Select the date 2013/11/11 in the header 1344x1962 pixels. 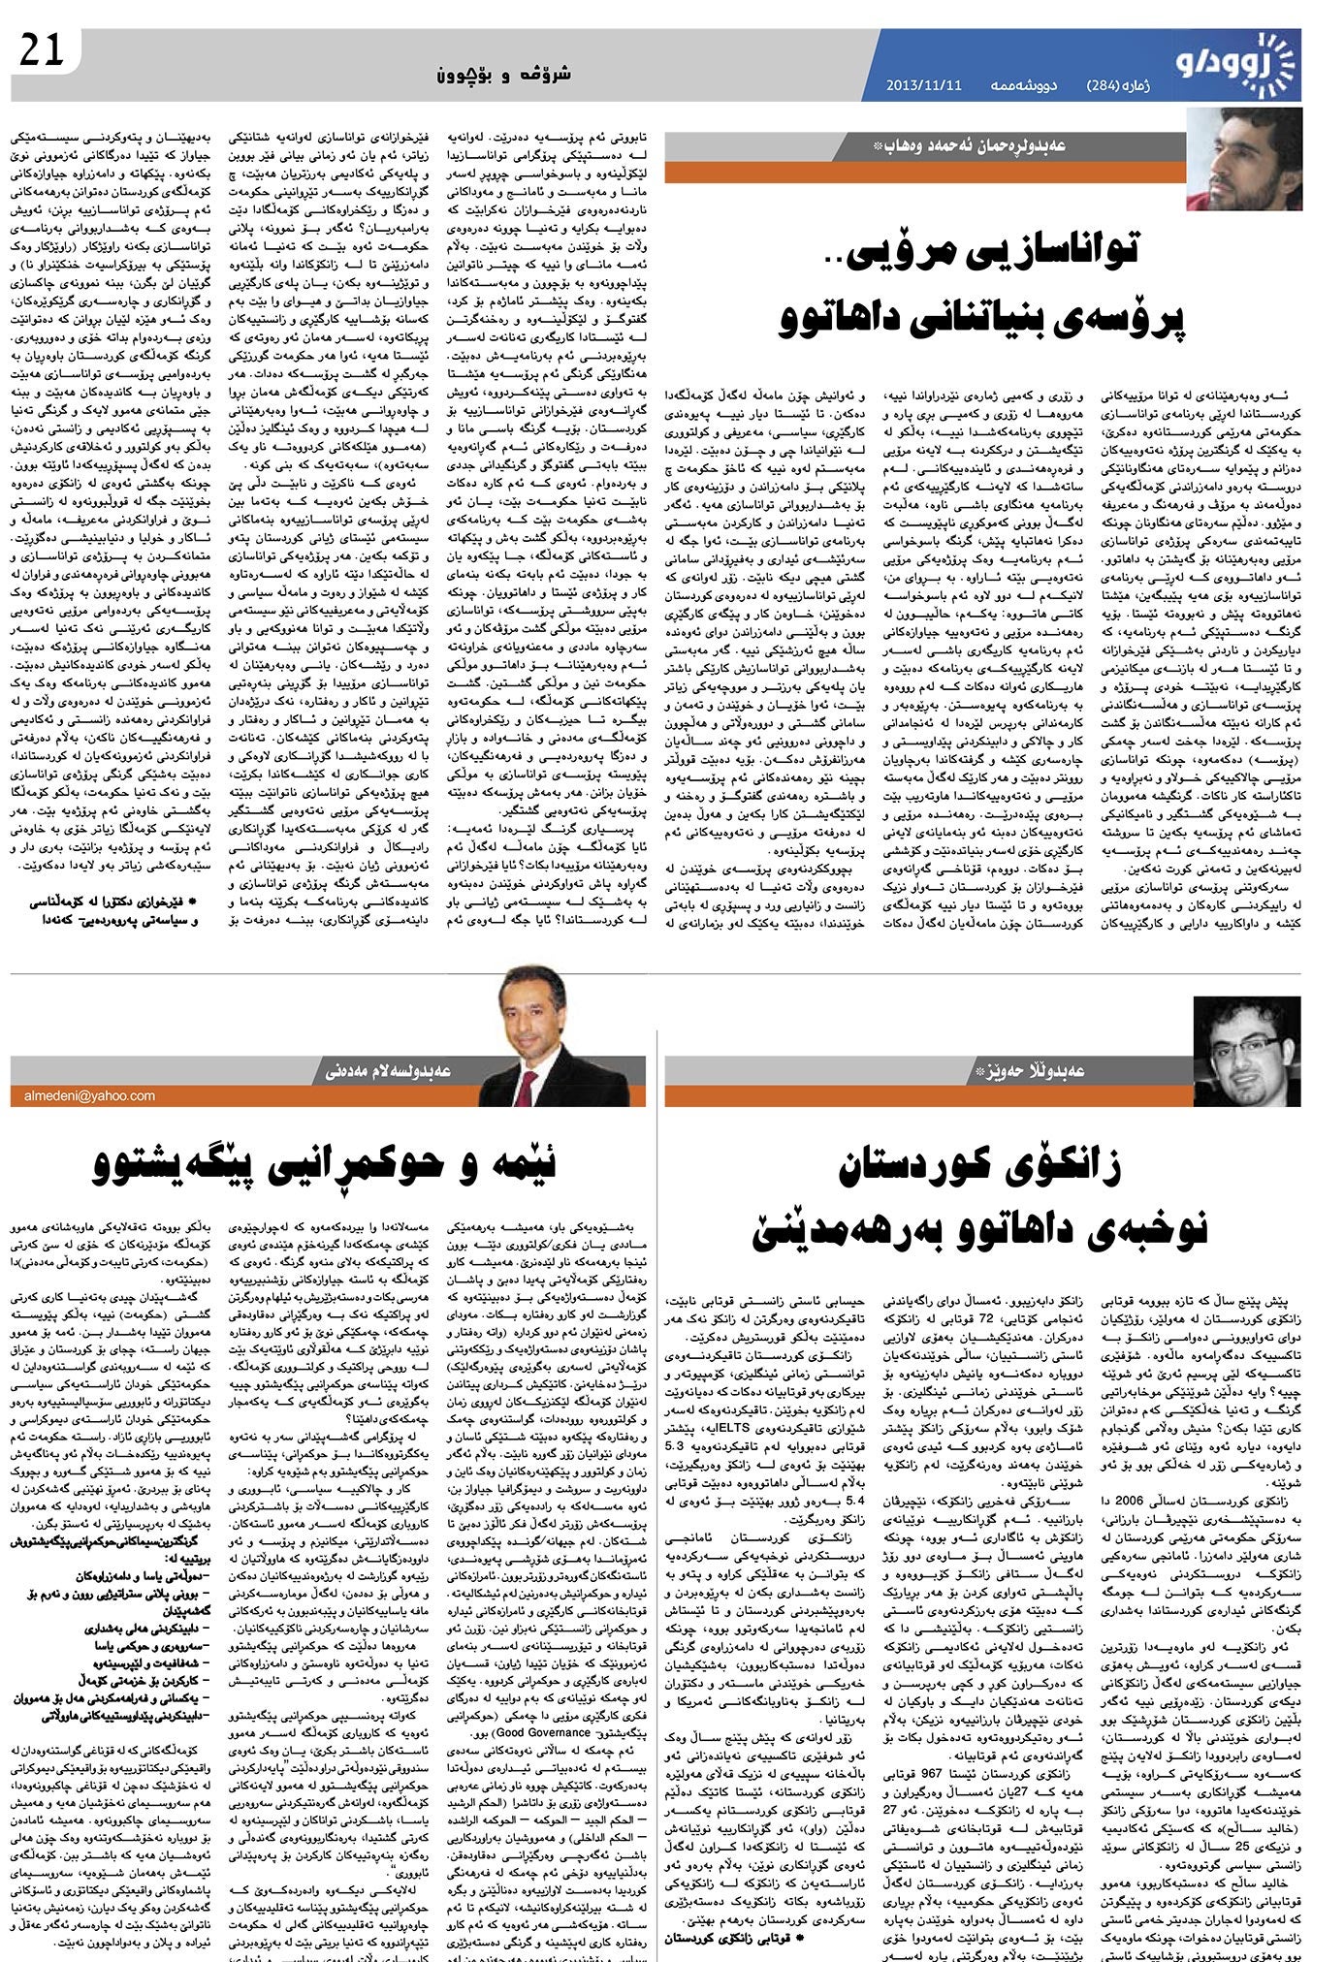pos(923,84)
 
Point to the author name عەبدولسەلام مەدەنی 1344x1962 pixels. pos(397,1071)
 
